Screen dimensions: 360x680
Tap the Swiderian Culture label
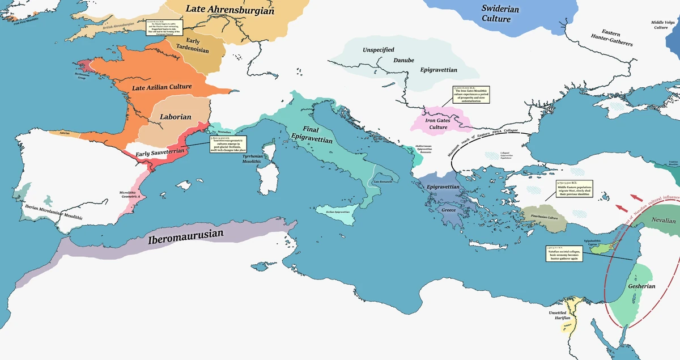click(496, 13)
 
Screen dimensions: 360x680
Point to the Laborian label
click(175, 117)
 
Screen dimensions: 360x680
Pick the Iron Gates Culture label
click(445, 123)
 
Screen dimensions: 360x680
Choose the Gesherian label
click(641, 286)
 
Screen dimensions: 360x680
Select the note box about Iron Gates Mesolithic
click(470, 95)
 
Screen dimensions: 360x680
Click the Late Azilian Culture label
click(161, 87)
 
